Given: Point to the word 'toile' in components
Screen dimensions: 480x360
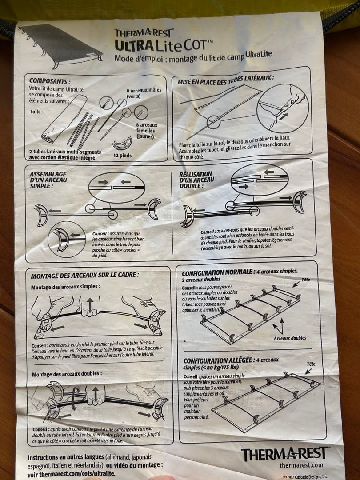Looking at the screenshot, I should [x=36, y=112].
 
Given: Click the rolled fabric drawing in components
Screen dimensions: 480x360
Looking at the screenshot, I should [x=64, y=119].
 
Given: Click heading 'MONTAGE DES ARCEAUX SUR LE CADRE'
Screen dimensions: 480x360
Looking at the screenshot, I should [x=84, y=275].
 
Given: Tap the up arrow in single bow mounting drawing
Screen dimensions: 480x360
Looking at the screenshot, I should [x=90, y=304].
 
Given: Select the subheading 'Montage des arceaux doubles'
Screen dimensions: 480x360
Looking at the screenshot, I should [x=67, y=374].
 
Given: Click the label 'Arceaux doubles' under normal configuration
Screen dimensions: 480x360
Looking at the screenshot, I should [x=290, y=338].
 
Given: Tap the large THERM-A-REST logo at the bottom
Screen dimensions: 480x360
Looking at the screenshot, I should [x=285, y=453].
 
